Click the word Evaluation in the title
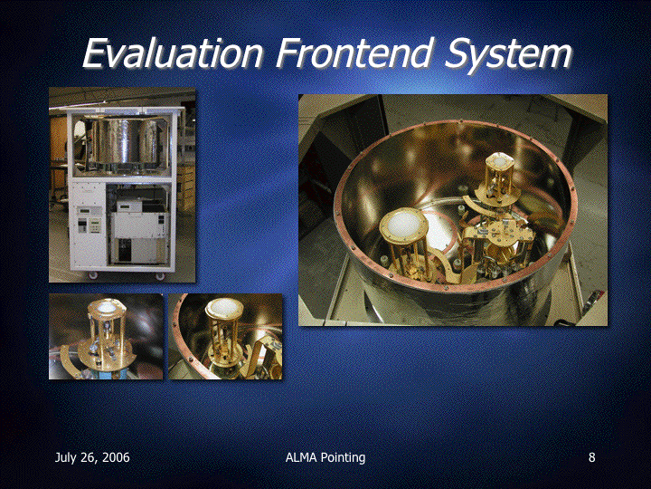tap(173, 53)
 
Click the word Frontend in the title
tap(354, 53)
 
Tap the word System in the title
tap(508, 56)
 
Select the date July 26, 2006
tap(92, 458)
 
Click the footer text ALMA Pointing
tap(325, 458)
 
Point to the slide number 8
tap(591, 457)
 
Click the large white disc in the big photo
tap(403, 225)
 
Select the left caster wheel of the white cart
tap(92, 275)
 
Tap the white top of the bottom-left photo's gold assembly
tap(107, 307)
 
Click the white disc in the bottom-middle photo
tap(224, 308)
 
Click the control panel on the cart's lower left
tap(90, 220)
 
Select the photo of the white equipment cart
tap(122, 185)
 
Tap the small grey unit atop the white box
tap(130, 206)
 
